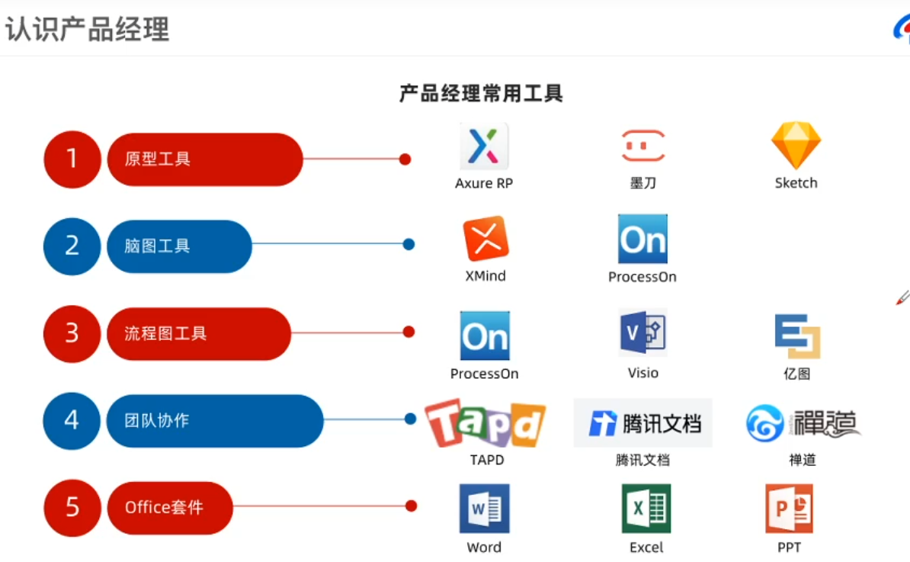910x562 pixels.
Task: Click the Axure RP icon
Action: tap(484, 146)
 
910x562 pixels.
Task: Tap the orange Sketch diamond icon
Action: tap(796, 145)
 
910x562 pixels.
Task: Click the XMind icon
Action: tap(485, 239)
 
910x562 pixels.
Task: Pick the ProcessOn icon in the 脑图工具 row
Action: tap(642, 239)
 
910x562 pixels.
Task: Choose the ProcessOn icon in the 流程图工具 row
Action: tap(485, 336)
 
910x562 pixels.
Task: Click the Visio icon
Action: tap(643, 333)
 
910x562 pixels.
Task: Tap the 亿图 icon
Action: tap(797, 336)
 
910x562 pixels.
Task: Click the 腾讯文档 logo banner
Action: tap(643, 422)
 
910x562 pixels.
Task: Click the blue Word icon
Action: tap(485, 509)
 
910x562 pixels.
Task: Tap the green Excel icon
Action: tap(646, 509)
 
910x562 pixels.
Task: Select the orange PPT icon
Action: tap(790, 509)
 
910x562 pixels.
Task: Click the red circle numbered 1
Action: tap(72, 159)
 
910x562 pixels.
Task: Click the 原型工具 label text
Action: tap(158, 159)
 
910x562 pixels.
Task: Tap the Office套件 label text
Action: tap(164, 508)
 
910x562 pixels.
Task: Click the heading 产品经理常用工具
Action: tap(481, 94)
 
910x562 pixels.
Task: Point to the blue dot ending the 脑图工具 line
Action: tap(409, 245)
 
